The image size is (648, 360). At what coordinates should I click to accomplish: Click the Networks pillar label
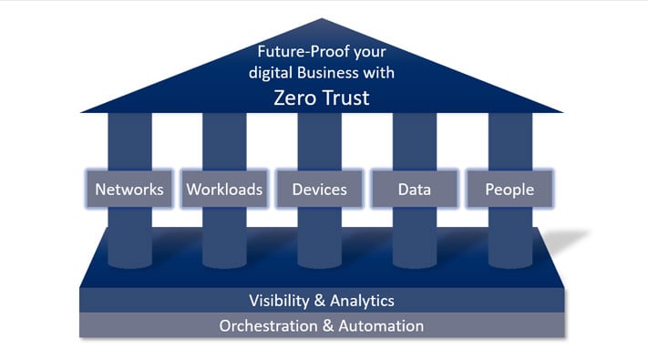[x=129, y=190]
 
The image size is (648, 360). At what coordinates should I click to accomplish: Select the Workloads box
[x=224, y=190]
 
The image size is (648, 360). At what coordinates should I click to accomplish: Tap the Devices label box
[x=319, y=190]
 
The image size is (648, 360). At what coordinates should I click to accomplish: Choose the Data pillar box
[x=414, y=190]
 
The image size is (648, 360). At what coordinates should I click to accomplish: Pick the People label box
[x=509, y=190]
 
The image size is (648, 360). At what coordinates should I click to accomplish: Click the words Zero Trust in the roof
[x=322, y=98]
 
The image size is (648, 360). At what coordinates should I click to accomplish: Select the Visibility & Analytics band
[x=323, y=300]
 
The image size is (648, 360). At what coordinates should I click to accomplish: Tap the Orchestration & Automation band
[x=323, y=324]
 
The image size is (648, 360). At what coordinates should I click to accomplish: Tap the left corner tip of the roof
[x=82, y=112]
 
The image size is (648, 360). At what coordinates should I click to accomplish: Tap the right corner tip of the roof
[x=563, y=112]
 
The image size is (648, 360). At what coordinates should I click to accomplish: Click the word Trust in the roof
[x=342, y=98]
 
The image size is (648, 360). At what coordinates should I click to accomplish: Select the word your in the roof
[x=367, y=54]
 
